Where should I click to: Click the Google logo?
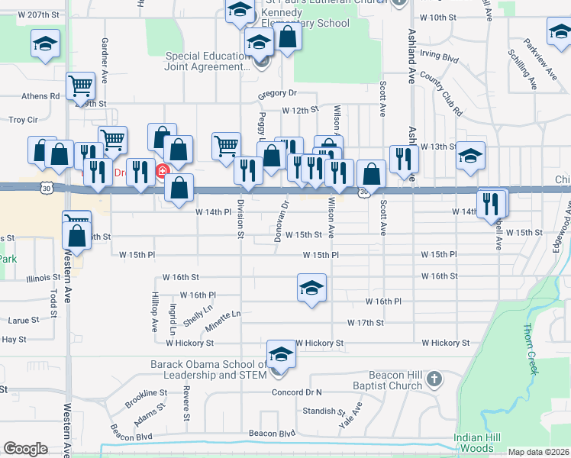tap(25, 448)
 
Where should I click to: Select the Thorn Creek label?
tap(529, 351)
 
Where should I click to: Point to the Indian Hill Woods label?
tap(478, 442)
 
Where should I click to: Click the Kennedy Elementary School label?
tap(305, 18)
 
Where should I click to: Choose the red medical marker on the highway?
tap(162, 172)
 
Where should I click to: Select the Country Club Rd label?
tap(441, 95)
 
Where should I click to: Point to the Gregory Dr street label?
tap(276, 93)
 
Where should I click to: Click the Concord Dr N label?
tap(297, 392)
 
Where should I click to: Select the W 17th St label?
tap(365, 323)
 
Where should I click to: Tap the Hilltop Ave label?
tap(154, 314)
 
